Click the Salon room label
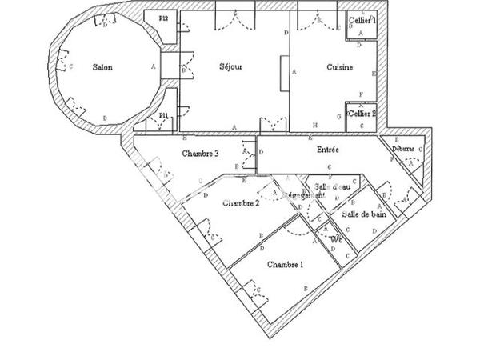pos(102,67)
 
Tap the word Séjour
pos(230,66)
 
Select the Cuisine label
pos(340,68)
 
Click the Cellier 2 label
pos(362,114)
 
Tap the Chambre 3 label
pos(201,154)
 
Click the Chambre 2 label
pos(241,203)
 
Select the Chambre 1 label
pos(286,264)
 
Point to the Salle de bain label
pos(364,214)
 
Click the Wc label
pos(337,239)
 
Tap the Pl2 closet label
pos(163,18)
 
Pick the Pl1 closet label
pos(163,116)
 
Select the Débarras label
pos(402,149)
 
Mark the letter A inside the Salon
pos(152,67)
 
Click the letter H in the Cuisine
pos(315,126)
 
